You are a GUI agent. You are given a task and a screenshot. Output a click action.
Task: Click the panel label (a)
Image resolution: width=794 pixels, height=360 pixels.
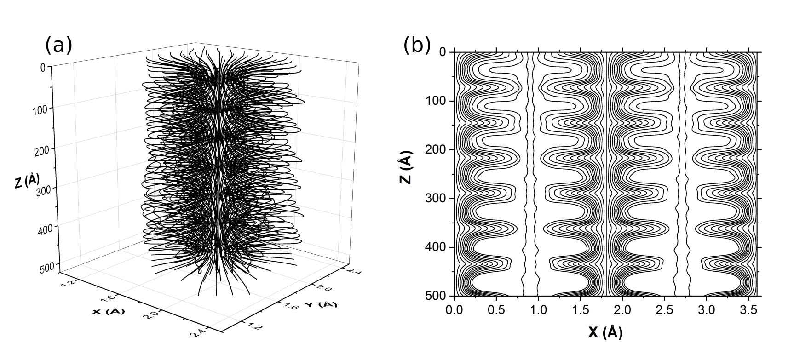59,46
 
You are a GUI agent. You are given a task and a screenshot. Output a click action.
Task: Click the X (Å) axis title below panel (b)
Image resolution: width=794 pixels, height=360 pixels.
605,332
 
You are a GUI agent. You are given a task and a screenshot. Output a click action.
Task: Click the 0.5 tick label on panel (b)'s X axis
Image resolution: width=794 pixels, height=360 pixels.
496,310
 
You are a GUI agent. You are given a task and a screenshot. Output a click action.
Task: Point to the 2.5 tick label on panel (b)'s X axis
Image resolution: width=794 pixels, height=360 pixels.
664,310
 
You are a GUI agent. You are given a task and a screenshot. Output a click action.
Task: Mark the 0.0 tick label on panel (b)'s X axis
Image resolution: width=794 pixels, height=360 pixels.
455,310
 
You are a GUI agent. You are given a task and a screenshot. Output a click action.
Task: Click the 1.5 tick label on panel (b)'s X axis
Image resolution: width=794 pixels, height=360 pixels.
581,310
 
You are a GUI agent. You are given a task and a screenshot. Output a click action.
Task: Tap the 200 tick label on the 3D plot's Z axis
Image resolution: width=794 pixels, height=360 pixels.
44,148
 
